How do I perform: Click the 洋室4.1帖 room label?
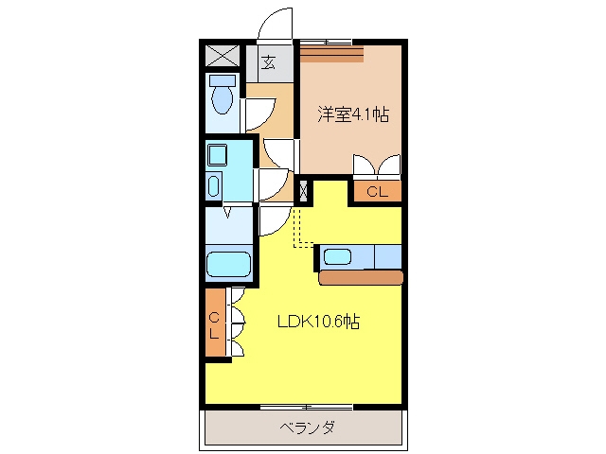click(353, 114)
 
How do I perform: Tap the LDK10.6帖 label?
click(319, 322)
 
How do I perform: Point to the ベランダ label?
click(307, 428)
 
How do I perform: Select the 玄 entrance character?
click(268, 61)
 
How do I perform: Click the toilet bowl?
click(223, 99)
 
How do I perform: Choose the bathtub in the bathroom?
click(229, 265)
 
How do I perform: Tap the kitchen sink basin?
click(337, 256)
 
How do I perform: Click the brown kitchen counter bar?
click(361, 277)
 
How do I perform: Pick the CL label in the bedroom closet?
click(377, 191)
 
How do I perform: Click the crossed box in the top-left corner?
click(222, 56)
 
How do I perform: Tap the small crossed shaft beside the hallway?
click(304, 191)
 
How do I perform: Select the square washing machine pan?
click(217, 154)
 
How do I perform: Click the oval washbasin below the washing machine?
click(213, 185)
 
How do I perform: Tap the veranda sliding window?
click(307, 407)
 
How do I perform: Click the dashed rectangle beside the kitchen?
click(303, 228)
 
